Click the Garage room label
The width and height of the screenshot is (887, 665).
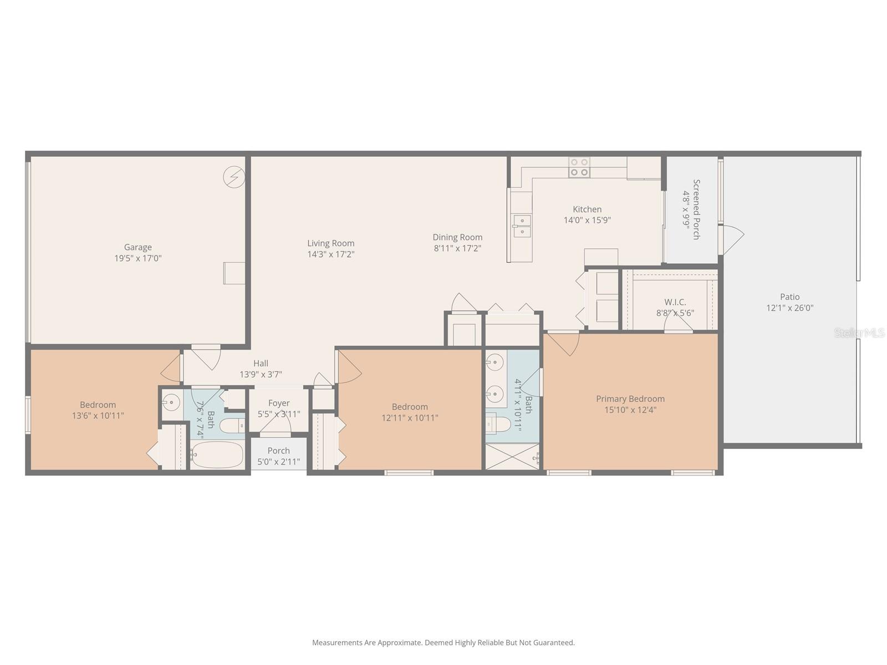coord(137,247)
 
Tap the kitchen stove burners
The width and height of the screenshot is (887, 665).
coord(579,167)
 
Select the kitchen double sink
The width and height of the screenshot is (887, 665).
coord(521,226)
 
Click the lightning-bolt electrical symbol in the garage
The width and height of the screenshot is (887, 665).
coord(233,177)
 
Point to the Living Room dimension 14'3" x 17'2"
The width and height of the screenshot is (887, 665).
coord(331,254)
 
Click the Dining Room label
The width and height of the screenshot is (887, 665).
coord(457,237)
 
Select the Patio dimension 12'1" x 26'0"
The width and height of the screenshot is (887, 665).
coord(789,308)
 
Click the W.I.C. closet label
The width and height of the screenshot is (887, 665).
coord(675,302)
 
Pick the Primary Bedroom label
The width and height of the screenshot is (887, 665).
coord(630,398)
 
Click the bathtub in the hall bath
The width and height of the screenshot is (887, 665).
coord(217,455)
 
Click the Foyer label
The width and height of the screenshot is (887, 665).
coord(278,403)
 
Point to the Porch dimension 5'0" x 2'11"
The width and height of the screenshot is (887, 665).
coord(278,462)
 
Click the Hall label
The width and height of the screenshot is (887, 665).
coord(261,364)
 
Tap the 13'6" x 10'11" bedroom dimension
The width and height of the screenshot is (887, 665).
coord(98,416)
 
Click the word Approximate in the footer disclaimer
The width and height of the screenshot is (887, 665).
coord(399,643)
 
